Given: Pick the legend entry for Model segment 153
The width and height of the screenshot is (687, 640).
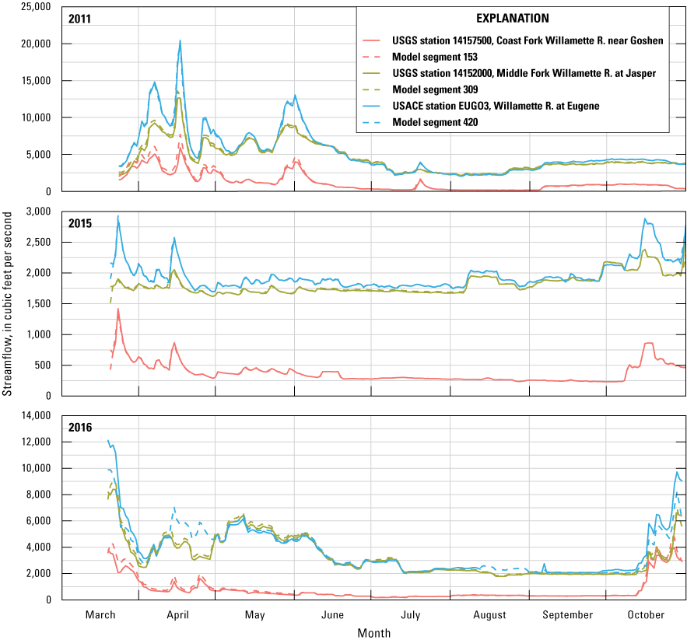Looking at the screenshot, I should [x=436, y=56].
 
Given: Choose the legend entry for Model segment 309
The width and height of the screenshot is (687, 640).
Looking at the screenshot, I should [x=436, y=89].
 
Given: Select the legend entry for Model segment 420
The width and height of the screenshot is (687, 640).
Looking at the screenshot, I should [x=436, y=122].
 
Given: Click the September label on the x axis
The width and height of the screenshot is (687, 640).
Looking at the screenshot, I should [x=567, y=615].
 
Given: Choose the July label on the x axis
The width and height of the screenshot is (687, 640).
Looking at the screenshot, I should [x=411, y=615].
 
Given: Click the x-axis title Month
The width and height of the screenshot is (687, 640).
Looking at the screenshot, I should [x=374, y=632].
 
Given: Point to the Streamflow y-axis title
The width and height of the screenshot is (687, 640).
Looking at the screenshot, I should [x=8, y=307].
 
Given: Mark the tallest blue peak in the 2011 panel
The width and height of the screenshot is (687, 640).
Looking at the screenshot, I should [x=180, y=40].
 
